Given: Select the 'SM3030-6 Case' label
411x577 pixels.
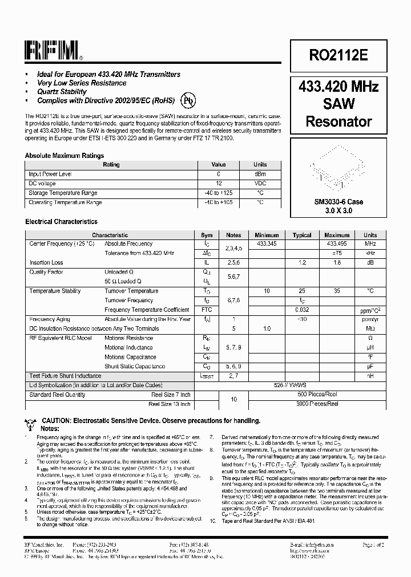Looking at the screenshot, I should pyautogui.click(x=339, y=202).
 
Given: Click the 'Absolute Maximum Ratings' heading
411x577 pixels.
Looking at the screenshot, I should pyautogui.click(x=65, y=155).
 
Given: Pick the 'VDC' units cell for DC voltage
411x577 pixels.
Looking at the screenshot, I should pyautogui.click(x=260, y=184).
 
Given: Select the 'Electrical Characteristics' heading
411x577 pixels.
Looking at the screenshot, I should pyautogui.click(x=61, y=222).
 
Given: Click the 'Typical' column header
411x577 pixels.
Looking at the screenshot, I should pyautogui.click(x=302, y=235).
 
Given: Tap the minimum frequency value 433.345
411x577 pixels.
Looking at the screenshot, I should pyautogui.click(x=267, y=243).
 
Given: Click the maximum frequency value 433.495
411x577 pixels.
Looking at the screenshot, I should pyautogui.click(x=337, y=243).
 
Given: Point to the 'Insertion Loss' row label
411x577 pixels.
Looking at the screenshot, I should pyautogui.click(x=46, y=263).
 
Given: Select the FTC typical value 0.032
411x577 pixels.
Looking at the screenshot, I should pyautogui.click(x=302, y=310).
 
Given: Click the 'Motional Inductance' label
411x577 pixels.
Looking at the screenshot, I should pyautogui.click(x=128, y=347).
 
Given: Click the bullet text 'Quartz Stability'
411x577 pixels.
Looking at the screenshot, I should pyautogui.click(x=62, y=92).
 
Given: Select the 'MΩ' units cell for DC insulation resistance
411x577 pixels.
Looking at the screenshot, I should pyautogui.click(x=370, y=328).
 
